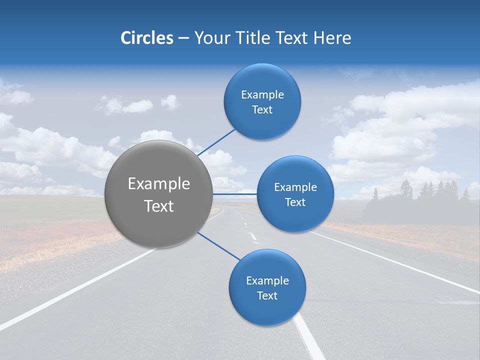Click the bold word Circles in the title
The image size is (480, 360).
click(x=146, y=38)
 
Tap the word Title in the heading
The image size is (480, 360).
click(x=254, y=38)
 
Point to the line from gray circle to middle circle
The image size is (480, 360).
click(x=234, y=194)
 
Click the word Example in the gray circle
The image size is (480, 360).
click(x=158, y=184)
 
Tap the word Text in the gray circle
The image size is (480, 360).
click(x=158, y=206)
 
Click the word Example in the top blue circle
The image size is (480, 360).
click(x=262, y=95)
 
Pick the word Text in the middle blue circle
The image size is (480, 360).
click(x=295, y=202)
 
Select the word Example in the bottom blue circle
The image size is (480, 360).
click(x=267, y=281)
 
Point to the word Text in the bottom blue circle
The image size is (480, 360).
click(x=267, y=296)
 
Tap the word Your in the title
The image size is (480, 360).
click(x=211, y=38)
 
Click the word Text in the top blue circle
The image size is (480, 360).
click(x=262, y=110)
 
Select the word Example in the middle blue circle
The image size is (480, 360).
click(x=295, y=187)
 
